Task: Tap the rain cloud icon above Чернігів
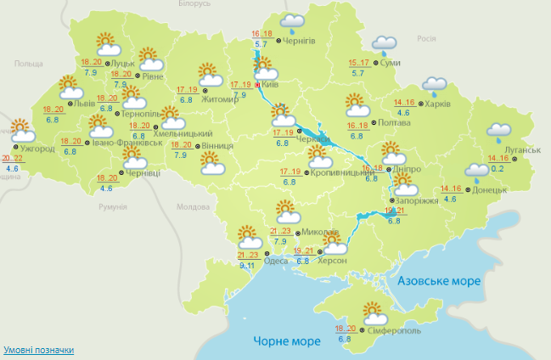pyautogui.click(x=293, y=23)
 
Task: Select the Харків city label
pyautogui.click(x=438, y=104)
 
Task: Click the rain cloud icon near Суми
pyautogui.click(x=385, y=43)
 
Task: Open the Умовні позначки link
pyautogui.click(x=38, y=350)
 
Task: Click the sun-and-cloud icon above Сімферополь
pyautogui.click(x=374, y=312)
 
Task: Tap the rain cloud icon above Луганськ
pyautogui.click(x=498, y=132)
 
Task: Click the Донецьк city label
pyautogui.click(x=490, y=190)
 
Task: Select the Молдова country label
pyautogui.click(x=191, y=207)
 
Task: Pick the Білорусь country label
pyautogui.click(x=194, y=4)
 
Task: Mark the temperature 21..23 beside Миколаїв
pyautogui.click(x=281, y=231)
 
